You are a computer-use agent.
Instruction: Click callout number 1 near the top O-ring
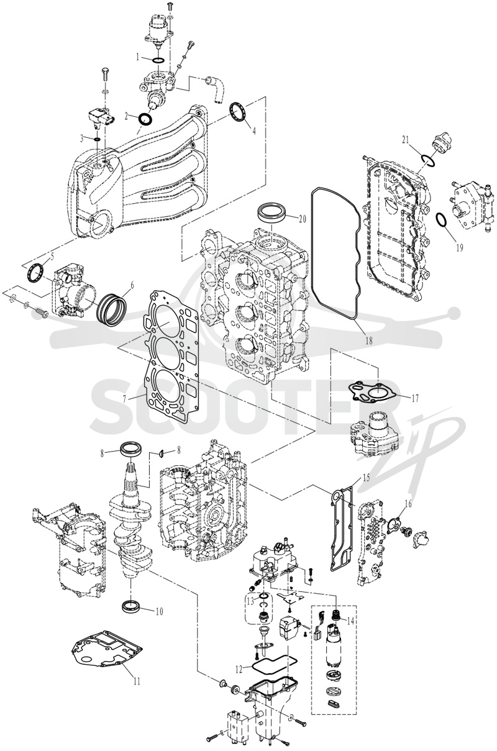click(137, 57)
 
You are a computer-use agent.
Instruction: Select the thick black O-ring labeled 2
click(145, 119)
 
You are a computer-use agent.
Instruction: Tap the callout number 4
click(254, 130)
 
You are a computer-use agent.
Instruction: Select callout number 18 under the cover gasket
click(369, 341)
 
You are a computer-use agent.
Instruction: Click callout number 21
click(406, 140)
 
